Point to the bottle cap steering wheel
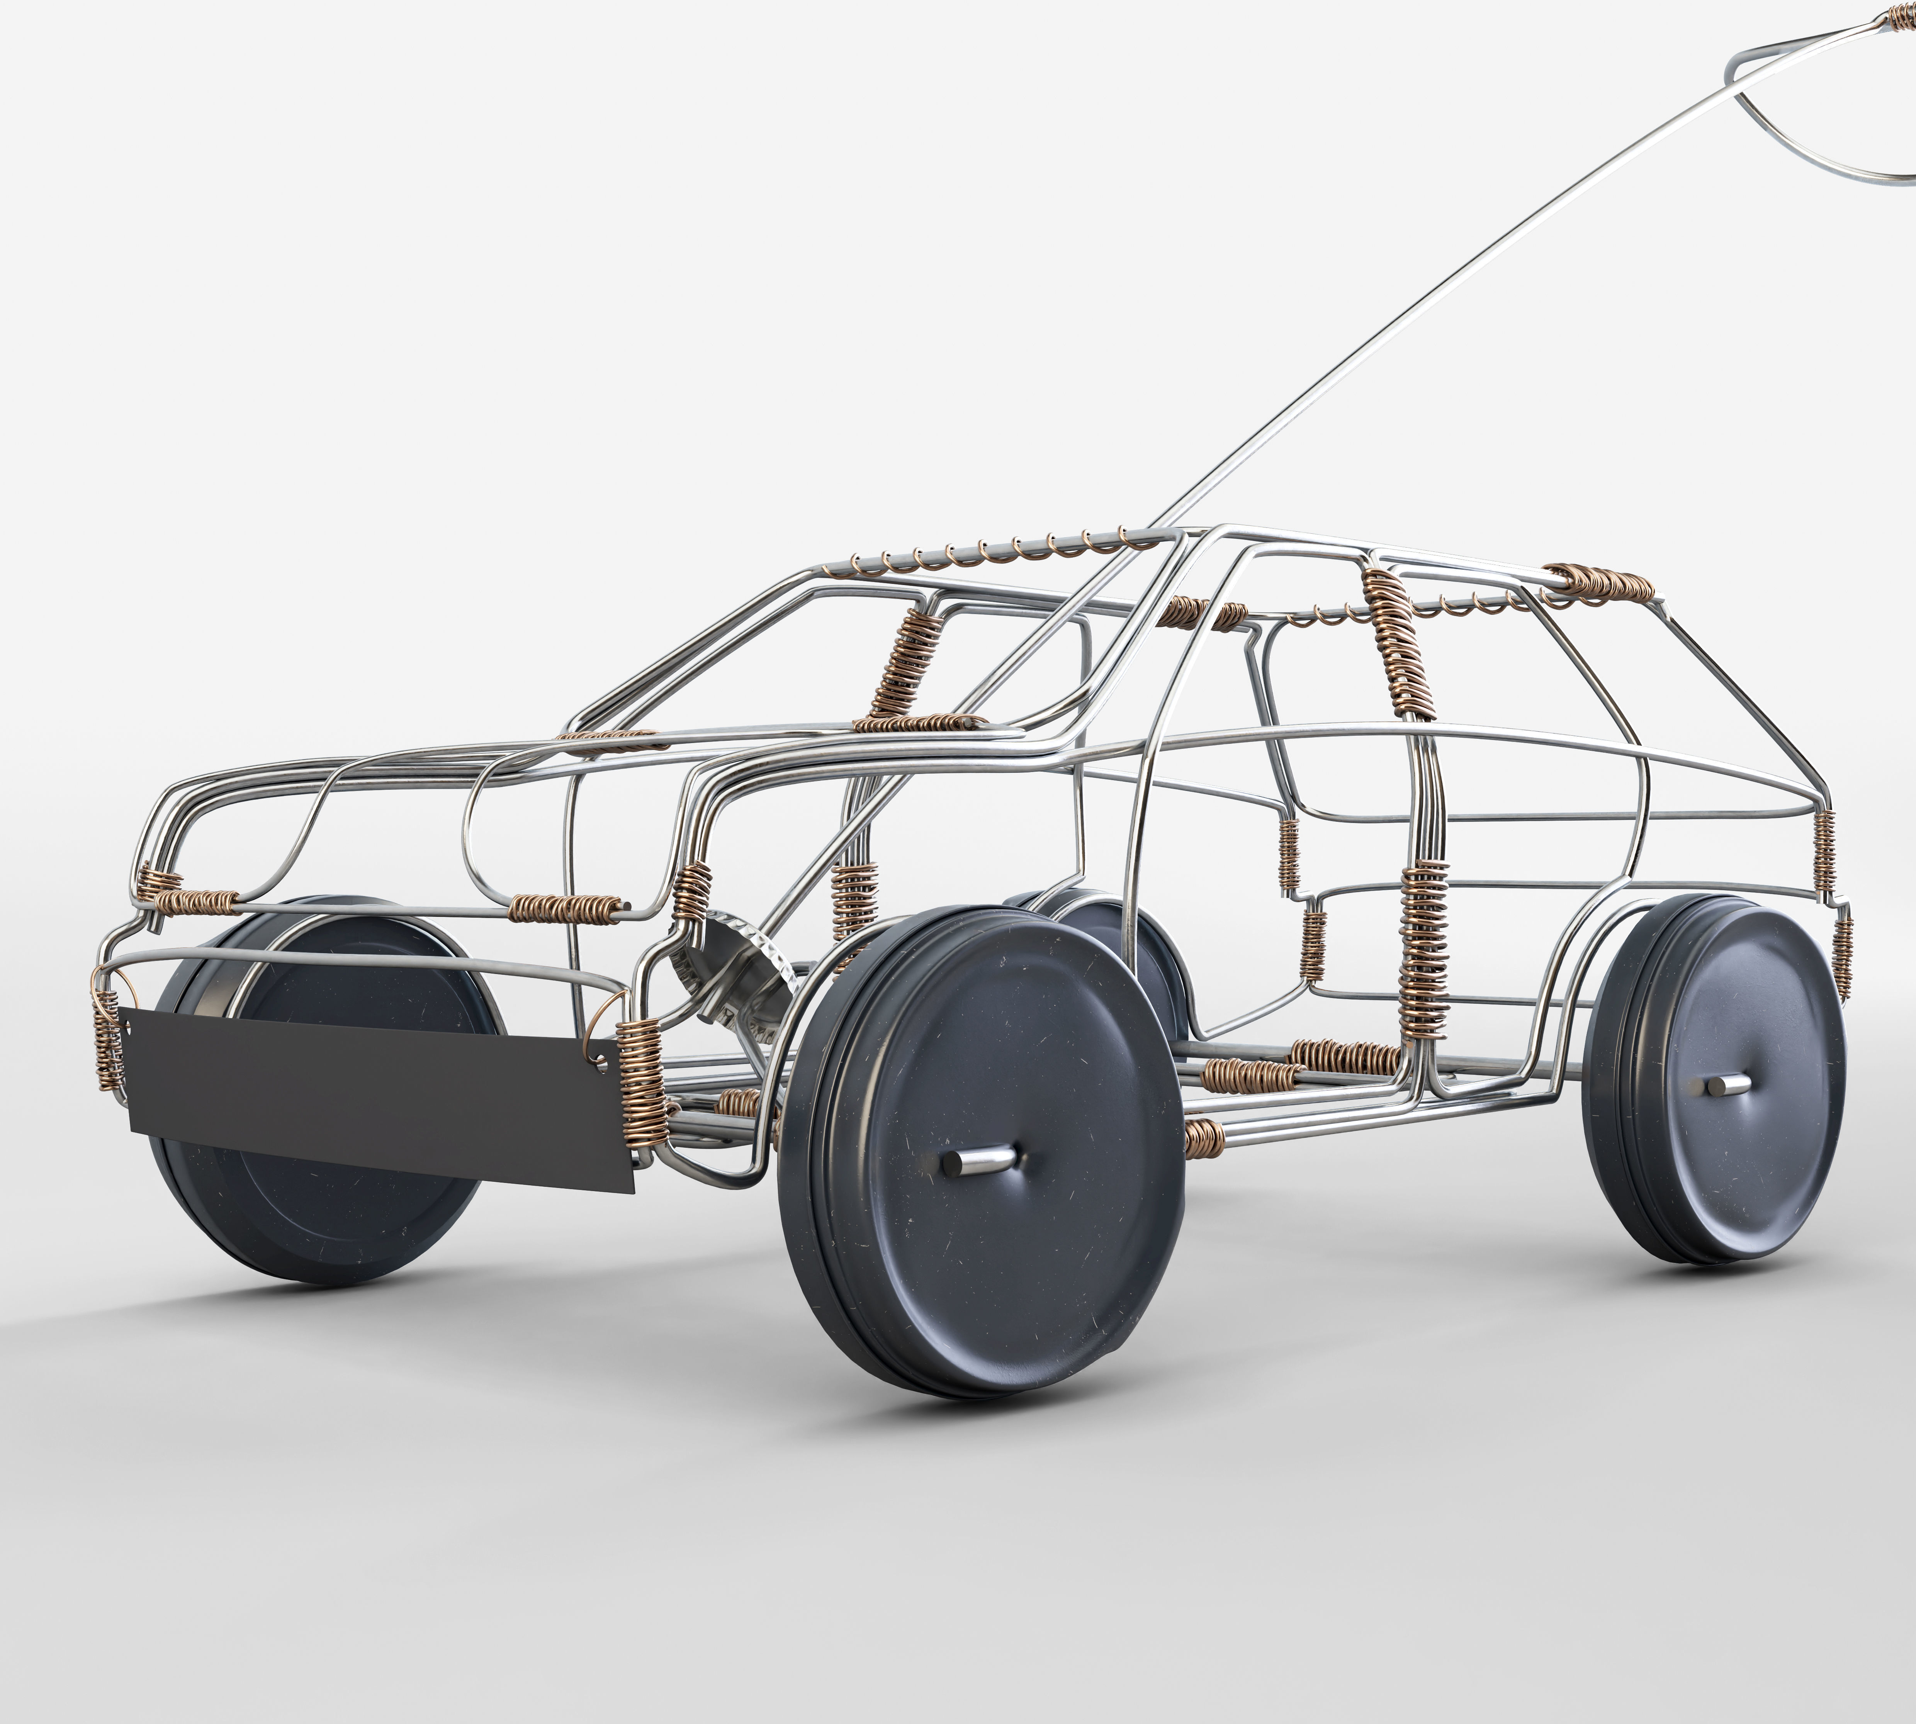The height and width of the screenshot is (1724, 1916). coord(730,976)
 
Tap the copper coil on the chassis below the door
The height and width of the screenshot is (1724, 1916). coord(1345,1053)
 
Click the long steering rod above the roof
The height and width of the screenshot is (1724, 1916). coord(1422,312)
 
